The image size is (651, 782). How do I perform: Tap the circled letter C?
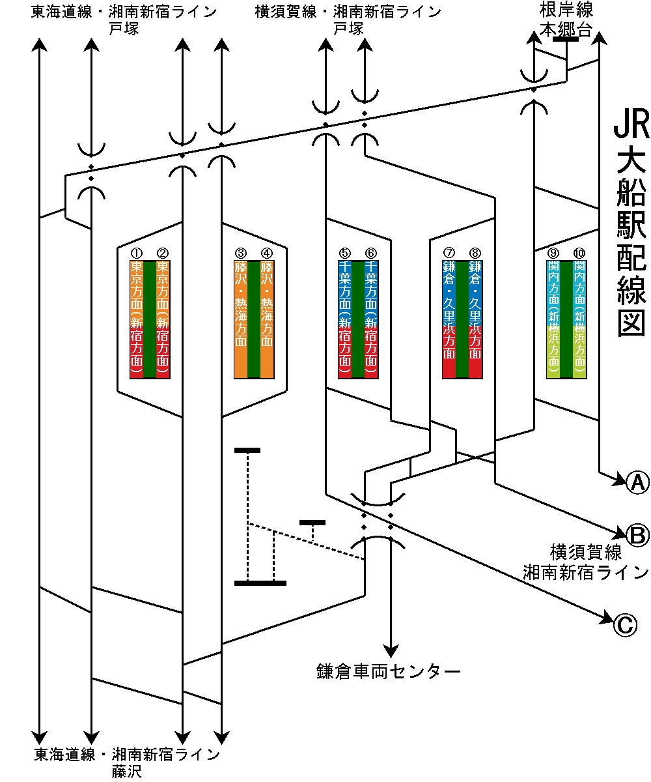pos(623,625)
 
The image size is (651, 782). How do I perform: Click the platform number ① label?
pos(136,253)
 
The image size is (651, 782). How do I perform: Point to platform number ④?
pos(266,253)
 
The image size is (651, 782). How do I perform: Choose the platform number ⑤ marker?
pos(344,253)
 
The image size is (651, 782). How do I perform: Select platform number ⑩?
pos(579,253)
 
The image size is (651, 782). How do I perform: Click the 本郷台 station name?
pos(566,29)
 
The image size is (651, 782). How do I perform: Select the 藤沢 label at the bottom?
pos(126,772)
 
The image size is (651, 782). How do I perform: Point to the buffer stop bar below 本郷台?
pos(566,39)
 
